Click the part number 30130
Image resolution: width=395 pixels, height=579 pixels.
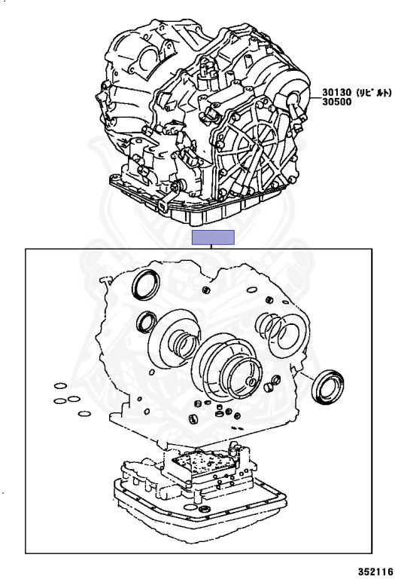click(x=337, y=92)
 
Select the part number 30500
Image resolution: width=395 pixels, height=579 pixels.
click(x=337, y=102)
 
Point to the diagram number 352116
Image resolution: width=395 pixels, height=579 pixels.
click(x=375, y=571)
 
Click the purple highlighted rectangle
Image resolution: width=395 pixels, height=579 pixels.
click(x=213, y=237)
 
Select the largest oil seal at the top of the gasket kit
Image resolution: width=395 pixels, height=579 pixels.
click(x=146, y=284)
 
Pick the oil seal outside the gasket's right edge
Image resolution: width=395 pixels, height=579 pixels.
click(x=327, y=386)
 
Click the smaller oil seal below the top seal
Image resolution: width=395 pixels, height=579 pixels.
click(x=146, y=323)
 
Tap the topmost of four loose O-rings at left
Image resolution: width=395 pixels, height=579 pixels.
click(x=60, y=386)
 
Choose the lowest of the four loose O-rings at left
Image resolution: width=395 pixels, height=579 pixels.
click(x=85, y=414)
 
